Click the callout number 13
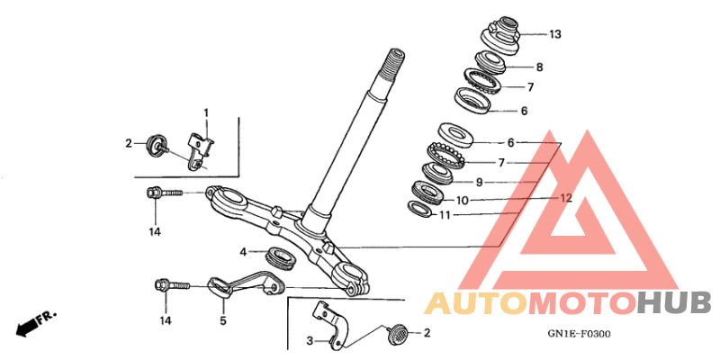point(554,34)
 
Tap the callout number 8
point(539,67)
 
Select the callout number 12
point(566,198)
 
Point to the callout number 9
point(479,183)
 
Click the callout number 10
point(462,201)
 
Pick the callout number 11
point(445,215)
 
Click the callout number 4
point(243,252)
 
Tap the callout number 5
point(223,320)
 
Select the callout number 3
point(310,341)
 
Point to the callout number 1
point(206,112)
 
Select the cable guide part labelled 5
point(246,284)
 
